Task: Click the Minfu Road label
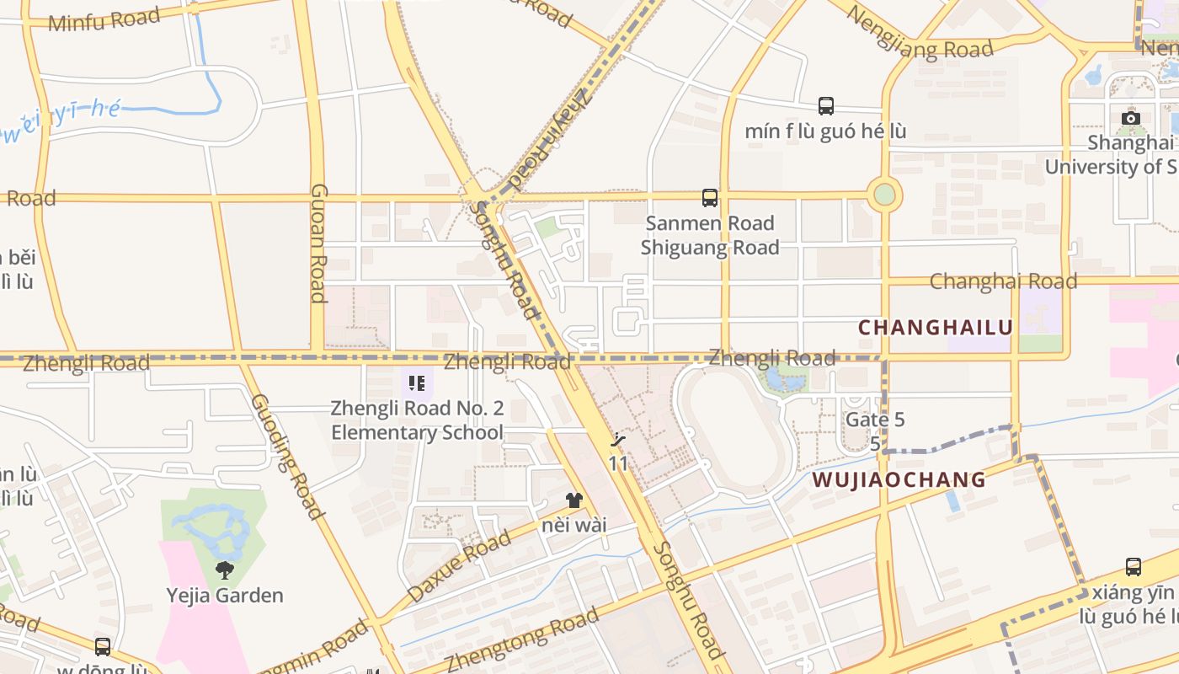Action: [x=104, y=19]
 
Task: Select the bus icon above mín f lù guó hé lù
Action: [x=826, y=106]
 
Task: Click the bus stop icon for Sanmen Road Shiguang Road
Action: [x=710, y=198]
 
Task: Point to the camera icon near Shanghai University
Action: [x=1131, y=118]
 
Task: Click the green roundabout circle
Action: [x=884, y=195]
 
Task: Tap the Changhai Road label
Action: [x=1003, y=281]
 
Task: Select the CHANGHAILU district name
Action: [x=935, y=327]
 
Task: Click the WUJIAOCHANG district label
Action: [x=899, y=480]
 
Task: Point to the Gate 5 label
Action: [x=875, y=419]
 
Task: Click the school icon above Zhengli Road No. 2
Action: [x=417, y=384]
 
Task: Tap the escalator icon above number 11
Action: [x=619, y=440]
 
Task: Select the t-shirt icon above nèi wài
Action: [x=574, y=500]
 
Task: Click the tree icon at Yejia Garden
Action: [x=225, y=570]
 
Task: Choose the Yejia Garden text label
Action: [x=225, y=596]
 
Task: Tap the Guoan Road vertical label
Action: [x=318, y=243]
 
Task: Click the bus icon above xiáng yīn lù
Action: [x=1134, y=567]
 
